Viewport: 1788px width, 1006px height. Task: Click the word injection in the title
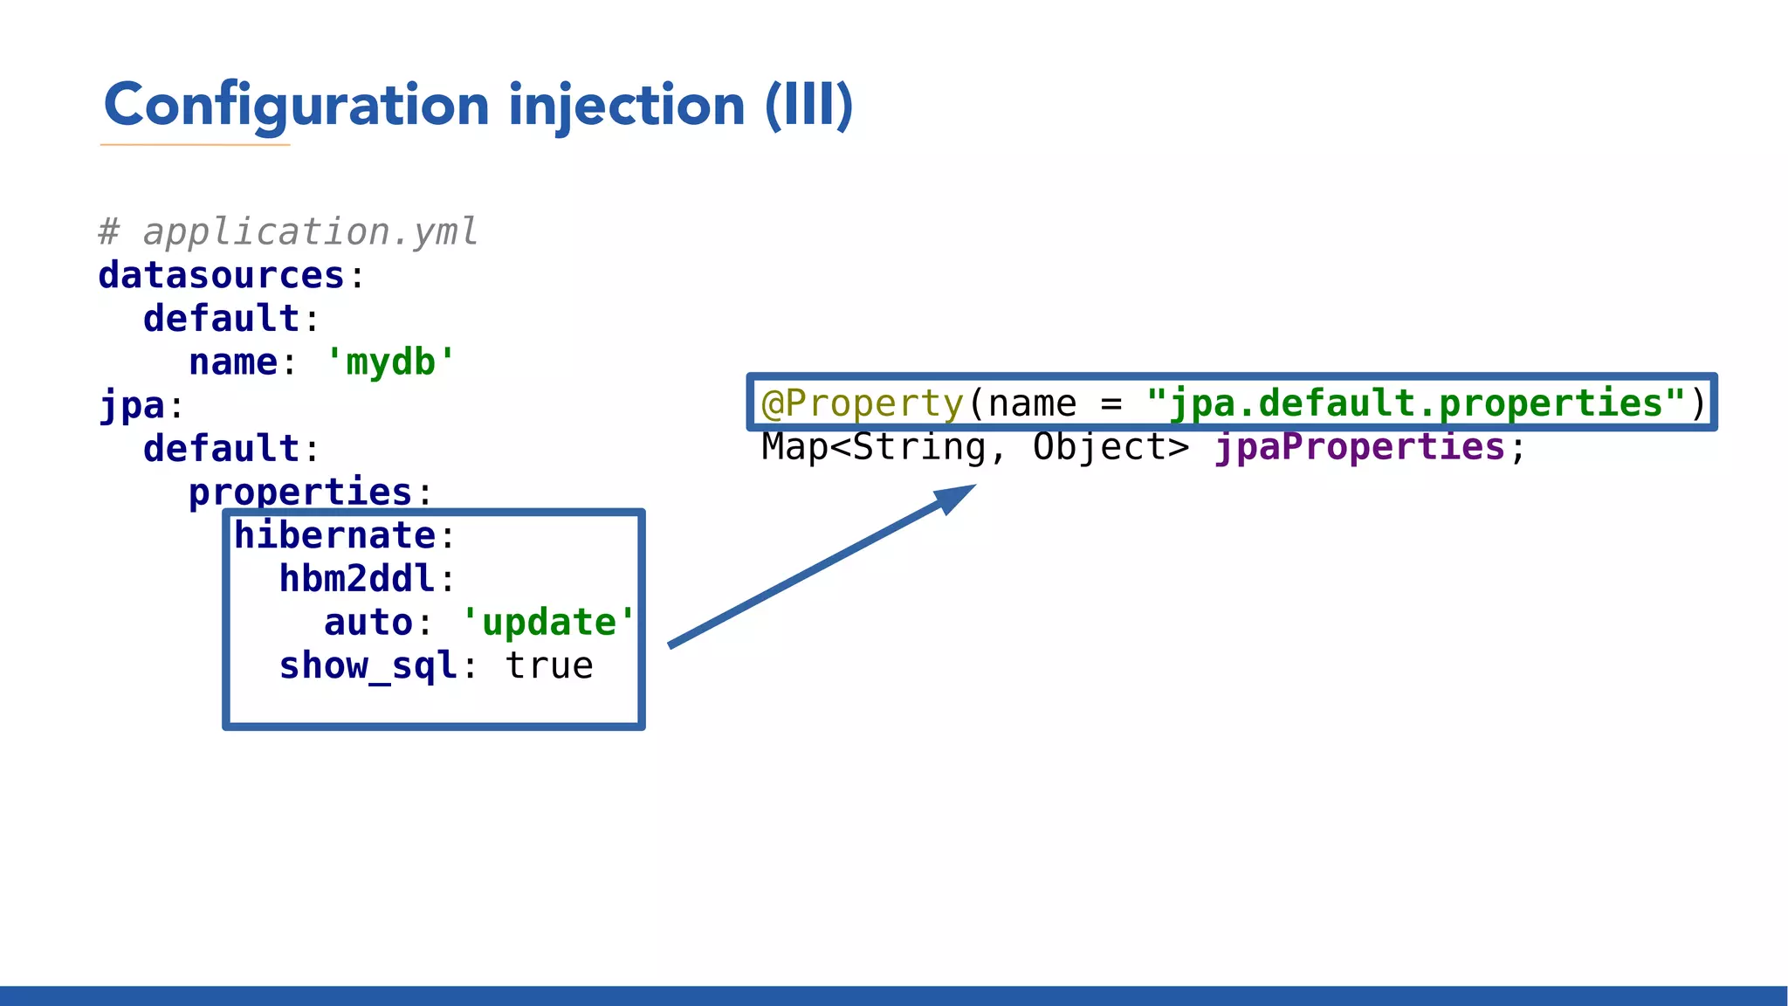pyautogui.click(x=626, y=106)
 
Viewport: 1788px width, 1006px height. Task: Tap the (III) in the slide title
pyautogui.click(x=808, y=106)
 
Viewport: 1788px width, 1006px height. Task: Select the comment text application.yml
pyautogui.click(x=310, y=232)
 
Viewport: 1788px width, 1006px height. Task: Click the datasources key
pyautogui.click(x=222, y=276)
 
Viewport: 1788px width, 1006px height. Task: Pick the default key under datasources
pyautogui.click(x=222, y=319)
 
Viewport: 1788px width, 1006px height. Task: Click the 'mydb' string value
pyautogui.click(x=390, y=362)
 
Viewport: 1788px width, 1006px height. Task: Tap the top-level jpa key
pyautogui.click(x=132, y=406)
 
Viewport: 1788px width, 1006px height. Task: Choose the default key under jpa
pyautogui.click(x=222, y=449)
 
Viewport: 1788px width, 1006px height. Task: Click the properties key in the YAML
pyautogui.click(x=300, y=493)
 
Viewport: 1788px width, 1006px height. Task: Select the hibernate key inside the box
pyautogui.click(x=334, y=535)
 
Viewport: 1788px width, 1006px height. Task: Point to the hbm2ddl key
pyautogui.click(x=357, y=579)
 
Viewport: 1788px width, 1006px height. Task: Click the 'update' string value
pyautogui.click(x=549, y=623)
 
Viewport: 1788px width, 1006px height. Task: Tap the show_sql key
pyautogui.click(x=368, y=666)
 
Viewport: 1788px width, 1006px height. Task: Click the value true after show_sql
pyautogui.click(x=549, y=666)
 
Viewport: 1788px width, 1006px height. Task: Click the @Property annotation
pyautogui.click(x=863, y=403)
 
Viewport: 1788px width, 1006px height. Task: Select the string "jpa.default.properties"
pyautogui.click(x=1416, y=403)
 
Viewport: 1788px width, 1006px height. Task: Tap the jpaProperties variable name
pyautogui.click(x=1360, y=447)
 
